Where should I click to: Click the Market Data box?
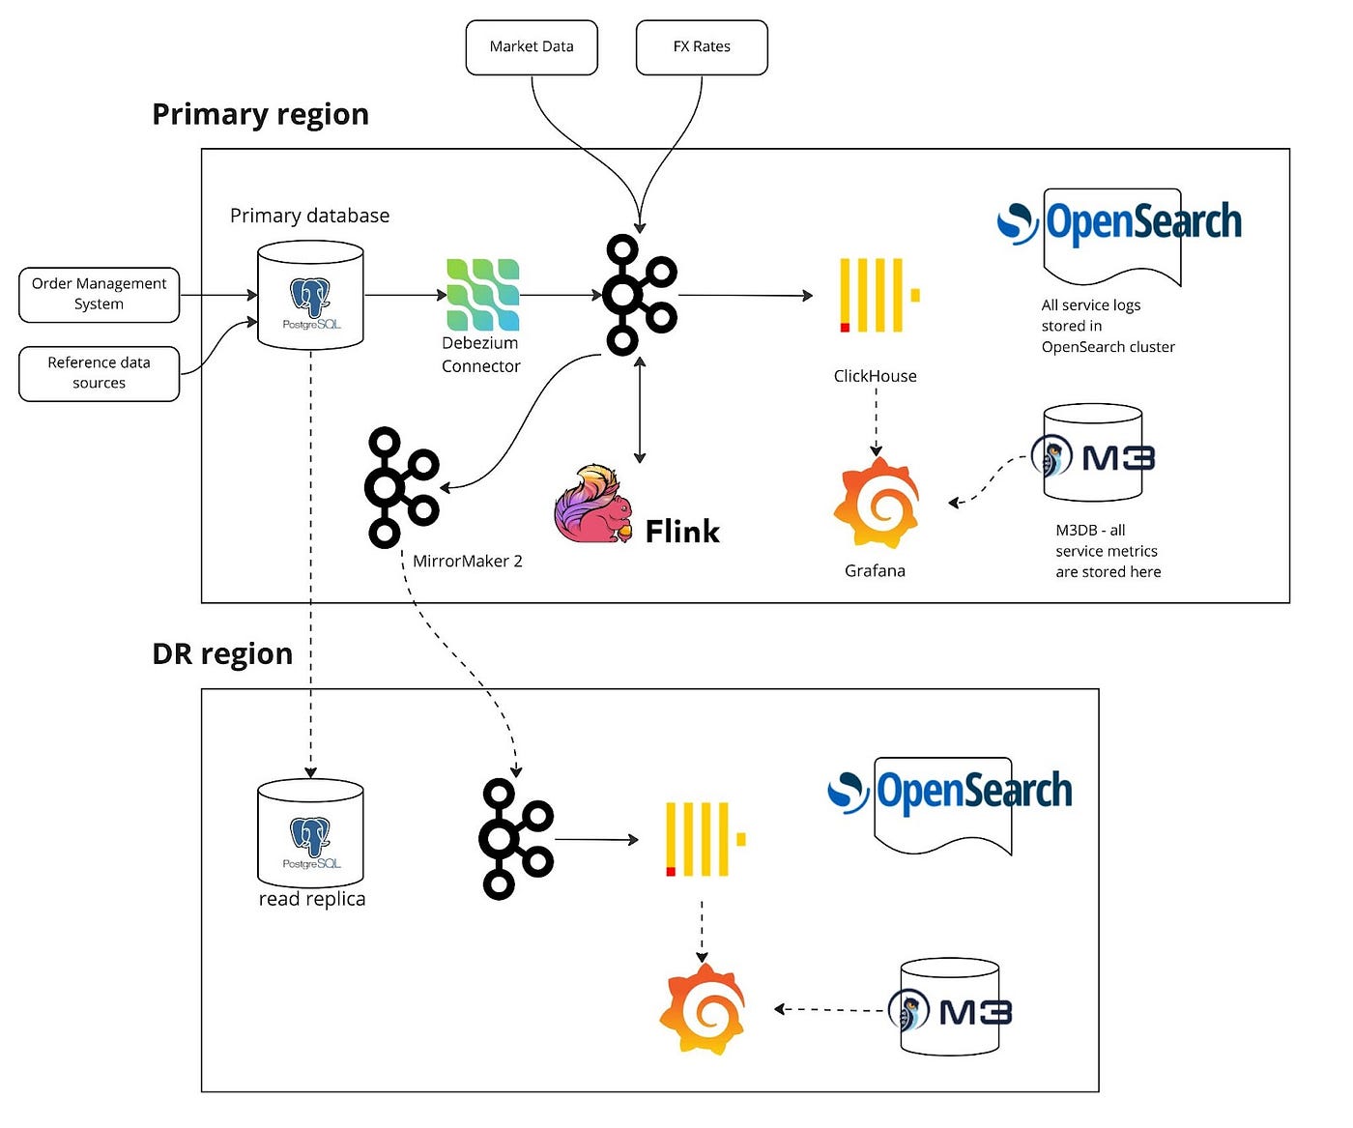532,47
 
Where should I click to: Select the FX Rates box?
702,47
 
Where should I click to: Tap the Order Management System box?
100,294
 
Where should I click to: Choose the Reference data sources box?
100,373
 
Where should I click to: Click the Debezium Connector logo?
482,295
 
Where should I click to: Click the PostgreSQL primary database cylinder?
310,295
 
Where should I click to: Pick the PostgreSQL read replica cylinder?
310,833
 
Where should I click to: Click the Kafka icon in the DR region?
516,839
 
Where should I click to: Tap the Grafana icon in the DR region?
703,1009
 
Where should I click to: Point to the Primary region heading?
260,114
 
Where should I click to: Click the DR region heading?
222,654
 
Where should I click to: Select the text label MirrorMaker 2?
467,562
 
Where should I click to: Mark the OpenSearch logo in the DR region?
950,793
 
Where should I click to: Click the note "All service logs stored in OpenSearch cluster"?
1108,326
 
